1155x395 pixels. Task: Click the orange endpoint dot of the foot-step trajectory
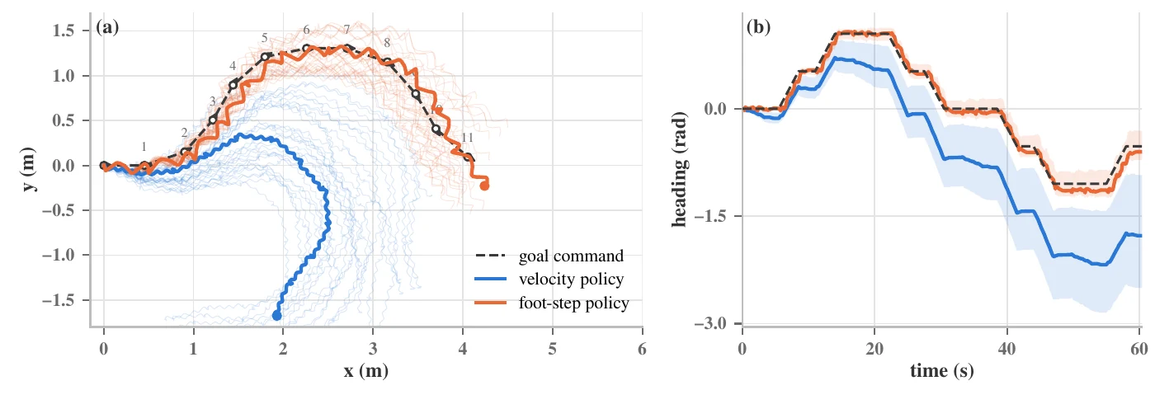[485, 186]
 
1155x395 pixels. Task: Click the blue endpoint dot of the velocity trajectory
[277, 316]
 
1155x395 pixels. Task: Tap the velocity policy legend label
[571, 279]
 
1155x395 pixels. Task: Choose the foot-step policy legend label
[574, 303]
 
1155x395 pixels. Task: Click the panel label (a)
[107, 27]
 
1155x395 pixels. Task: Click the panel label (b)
[758, 27]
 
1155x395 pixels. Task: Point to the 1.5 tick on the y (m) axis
[64, 31]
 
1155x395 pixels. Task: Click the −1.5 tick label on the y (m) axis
[59, 300]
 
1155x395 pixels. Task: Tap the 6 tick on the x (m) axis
[642, 349]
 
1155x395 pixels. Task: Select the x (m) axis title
[366, 371]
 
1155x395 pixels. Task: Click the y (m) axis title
[30, 169]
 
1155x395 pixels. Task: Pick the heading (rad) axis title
[680, 169]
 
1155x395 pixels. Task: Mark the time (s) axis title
[941, 371]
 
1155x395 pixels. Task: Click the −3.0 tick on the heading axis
[711, 323]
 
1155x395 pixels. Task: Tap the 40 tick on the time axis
[1006, 349]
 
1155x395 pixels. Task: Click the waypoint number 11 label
[467, 138]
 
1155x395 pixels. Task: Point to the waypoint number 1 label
[144, 147]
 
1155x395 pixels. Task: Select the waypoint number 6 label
[306, 30]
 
